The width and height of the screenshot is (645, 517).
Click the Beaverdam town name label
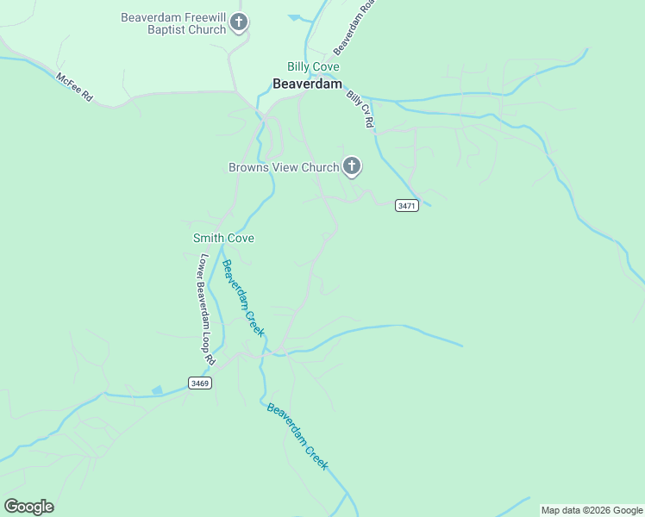pyautogui.click(x=307, y=84)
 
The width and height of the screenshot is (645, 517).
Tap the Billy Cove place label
pyautogui.click(x=313, y=66)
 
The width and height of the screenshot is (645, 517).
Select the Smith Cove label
pyautogui.click(x=223, y=238)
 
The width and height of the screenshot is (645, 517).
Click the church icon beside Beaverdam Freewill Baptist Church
pyautogui.click(x=240, y=23)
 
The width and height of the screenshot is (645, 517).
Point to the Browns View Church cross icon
pyautogui.click(x=351, y=165)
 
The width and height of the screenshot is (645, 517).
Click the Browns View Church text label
pyautogui.click(x=284, y=167)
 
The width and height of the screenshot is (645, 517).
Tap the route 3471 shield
pyautogui.click(x=407, y=205)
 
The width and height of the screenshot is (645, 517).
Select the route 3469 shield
pyautogui.click(x=199, y=382)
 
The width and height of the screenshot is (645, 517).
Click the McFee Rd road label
pyautogui.click(x=74, y=87)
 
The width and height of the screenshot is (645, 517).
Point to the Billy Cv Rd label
pyautogui.click(x=360, y=109)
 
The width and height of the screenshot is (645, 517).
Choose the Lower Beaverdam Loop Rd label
pyautogui.click(x=205, y=307)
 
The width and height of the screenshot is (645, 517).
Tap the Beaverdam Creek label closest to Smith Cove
pyautogui.click(x=242, y=298)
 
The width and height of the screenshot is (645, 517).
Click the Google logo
pyautogui.click(x=28, y=507)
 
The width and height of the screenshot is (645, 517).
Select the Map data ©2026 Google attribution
pyautogui.click(x=592, y=510)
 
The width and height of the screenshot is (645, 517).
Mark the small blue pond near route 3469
pyautogui.click(x=156, y=390)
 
